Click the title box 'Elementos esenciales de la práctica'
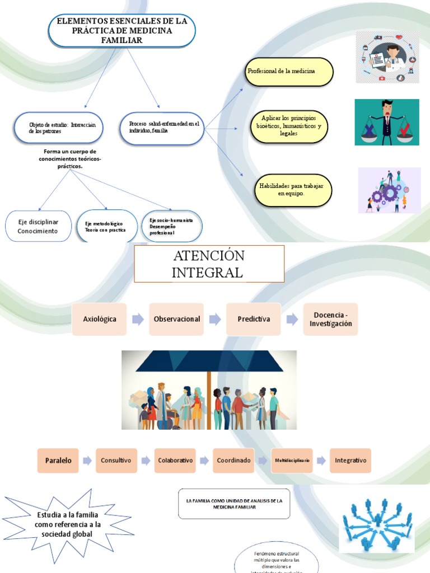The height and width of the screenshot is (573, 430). [121, 30]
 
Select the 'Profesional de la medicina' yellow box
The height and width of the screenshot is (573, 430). [289, 72]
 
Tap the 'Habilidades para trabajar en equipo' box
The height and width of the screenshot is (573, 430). [293, 190]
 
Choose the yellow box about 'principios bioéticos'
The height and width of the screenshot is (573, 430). [289, 126]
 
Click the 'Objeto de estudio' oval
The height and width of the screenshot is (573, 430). [62, 128]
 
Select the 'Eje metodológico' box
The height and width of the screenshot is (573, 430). [106, 226]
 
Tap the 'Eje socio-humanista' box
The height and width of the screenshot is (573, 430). [171, 226]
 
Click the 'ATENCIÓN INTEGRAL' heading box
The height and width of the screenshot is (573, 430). [209, 264]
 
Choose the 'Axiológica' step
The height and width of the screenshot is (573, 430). [100, 319]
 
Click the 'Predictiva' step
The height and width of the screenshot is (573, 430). [254, 319]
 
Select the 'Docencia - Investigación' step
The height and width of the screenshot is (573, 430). [330, 319]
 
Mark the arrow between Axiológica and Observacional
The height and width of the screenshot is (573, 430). [138, 319]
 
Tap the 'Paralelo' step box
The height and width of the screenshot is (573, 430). [58, 461]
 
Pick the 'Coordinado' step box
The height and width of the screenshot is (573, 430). [233, 461]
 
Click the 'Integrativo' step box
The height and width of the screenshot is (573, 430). [350, 461]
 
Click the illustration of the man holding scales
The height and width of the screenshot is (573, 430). [386, 122]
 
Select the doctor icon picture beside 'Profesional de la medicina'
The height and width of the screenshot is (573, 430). [387, 57]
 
